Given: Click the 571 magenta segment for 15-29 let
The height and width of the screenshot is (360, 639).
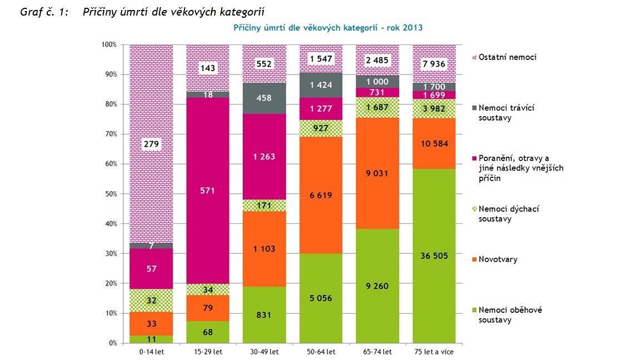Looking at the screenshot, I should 208,191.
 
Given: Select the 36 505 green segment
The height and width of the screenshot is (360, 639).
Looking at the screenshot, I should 434,256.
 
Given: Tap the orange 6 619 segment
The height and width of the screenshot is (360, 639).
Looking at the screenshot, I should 321,195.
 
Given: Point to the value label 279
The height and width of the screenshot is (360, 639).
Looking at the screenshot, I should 152,144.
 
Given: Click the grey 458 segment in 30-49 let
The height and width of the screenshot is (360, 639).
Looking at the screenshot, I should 264,98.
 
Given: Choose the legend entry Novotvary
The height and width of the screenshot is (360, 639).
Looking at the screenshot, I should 498,259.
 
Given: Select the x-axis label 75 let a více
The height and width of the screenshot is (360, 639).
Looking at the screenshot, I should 434,351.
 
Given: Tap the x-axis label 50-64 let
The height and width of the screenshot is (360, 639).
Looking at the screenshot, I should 321,351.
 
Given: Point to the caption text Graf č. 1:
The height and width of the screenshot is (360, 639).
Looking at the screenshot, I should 44,12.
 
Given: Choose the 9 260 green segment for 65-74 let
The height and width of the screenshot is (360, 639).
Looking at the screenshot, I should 377,286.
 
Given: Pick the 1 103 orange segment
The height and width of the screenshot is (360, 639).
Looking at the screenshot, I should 264,249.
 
